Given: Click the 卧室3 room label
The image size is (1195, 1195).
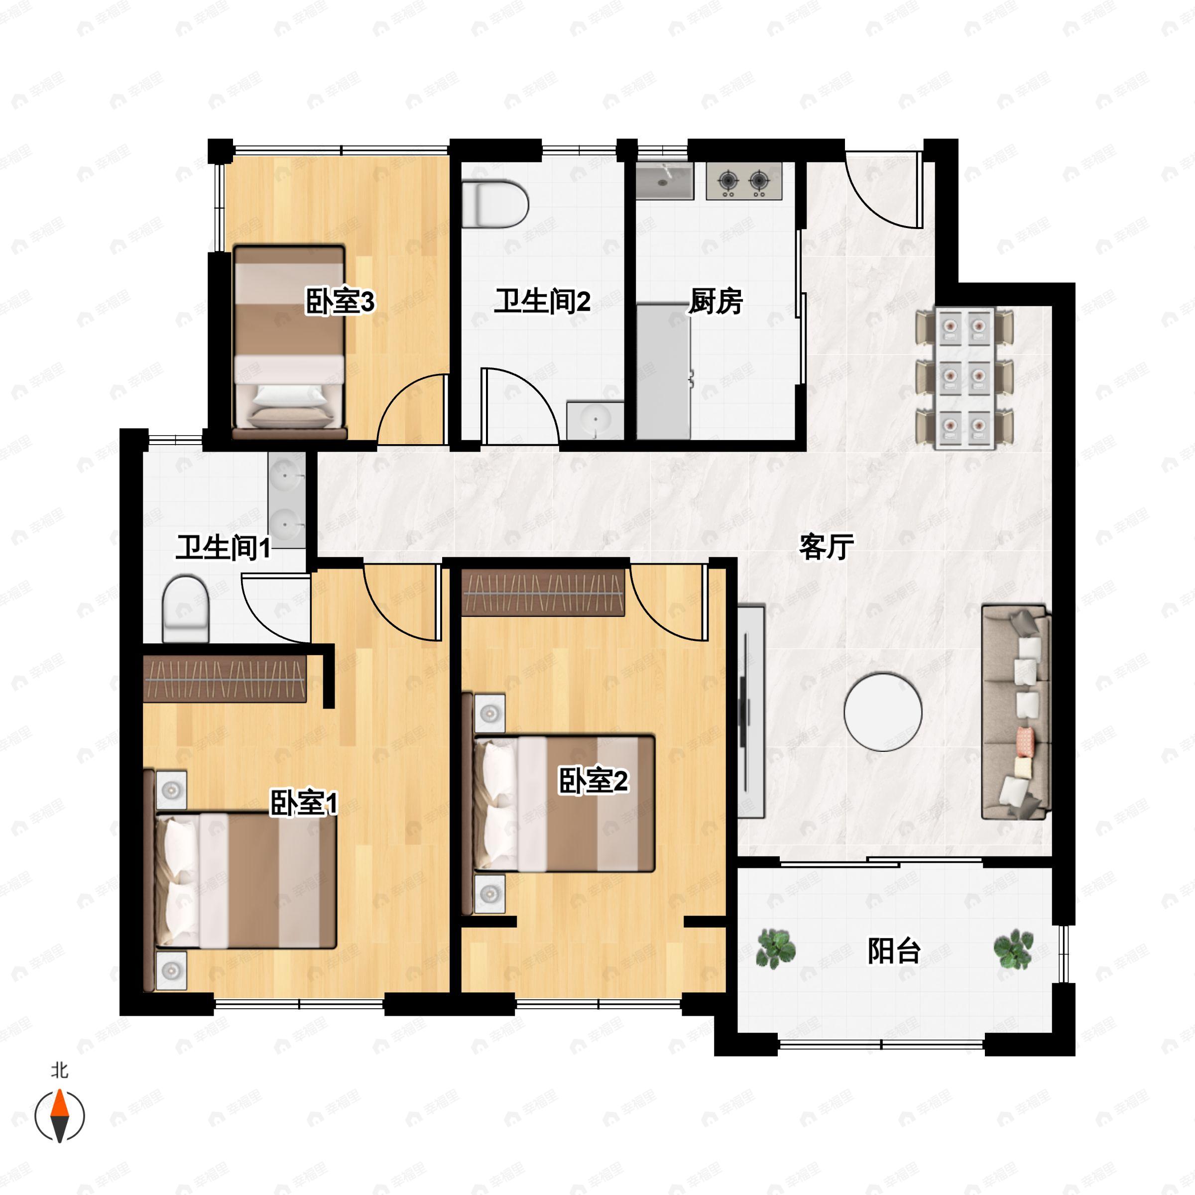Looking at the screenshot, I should (x=340, y=302).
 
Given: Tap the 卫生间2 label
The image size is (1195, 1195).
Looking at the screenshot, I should (x=542, y=301).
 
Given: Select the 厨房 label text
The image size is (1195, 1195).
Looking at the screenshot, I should (x=715, y=301).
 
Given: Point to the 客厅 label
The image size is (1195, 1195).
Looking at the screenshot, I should (x=827, y=546).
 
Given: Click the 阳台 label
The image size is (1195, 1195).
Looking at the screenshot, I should (x=894, y=950).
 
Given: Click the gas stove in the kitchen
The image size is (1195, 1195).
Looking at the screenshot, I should (x=744, y=181).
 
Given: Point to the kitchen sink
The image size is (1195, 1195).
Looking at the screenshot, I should (x=664, y=181).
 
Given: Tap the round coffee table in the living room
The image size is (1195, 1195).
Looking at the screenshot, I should (x=883, y=712).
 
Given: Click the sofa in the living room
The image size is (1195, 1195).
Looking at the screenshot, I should (x=1016, y=712).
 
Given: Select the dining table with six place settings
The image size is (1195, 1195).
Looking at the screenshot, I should (x=965, y=377).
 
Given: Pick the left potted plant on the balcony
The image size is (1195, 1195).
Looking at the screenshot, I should (x=776, y=948).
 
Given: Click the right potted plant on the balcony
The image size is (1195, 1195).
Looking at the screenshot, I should (x=1013, y=948).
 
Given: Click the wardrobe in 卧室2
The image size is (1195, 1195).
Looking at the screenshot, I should (x=543, y=593).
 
